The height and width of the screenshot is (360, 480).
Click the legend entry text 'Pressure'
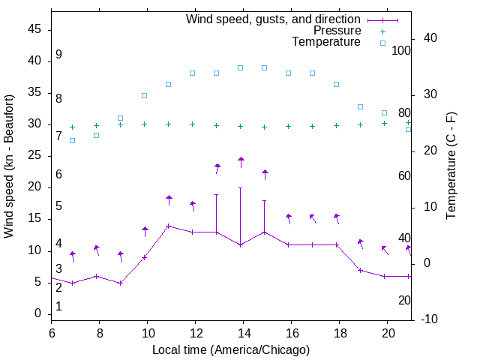337,31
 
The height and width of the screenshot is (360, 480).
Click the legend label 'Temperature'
326,43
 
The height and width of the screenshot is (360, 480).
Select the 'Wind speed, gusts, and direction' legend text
274,19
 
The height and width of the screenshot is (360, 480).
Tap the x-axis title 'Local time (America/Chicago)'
231,349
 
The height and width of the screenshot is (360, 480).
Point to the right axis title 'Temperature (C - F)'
451,166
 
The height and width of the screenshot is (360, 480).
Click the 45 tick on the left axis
34,30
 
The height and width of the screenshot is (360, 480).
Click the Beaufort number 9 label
58,55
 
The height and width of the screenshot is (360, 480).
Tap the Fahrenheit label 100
401,51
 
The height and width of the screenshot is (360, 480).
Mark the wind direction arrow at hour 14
241,161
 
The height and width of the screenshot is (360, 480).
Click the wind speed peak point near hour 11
169,226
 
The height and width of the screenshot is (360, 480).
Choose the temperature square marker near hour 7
73,140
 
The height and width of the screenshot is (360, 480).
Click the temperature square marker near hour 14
241,67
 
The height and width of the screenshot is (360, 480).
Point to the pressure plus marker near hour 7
73,127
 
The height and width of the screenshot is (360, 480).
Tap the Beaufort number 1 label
58,307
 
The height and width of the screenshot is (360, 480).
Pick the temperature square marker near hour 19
361,106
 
